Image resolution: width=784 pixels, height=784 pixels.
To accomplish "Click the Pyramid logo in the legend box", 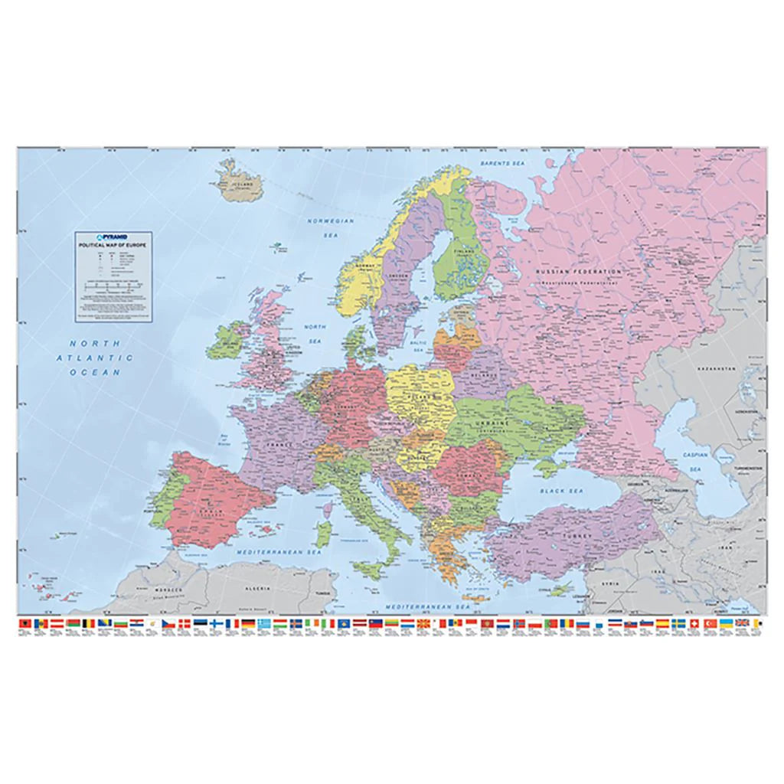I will point(113,237).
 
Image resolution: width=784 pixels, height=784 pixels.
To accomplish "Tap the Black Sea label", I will point(561,489).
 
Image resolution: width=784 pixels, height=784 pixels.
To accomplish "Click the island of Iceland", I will point(239,181).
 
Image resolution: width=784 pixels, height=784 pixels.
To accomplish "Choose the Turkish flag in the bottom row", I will point(709,624).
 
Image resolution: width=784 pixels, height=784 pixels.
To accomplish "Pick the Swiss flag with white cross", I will point(694,624).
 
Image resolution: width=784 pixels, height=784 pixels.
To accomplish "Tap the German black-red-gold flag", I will point(248,624).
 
